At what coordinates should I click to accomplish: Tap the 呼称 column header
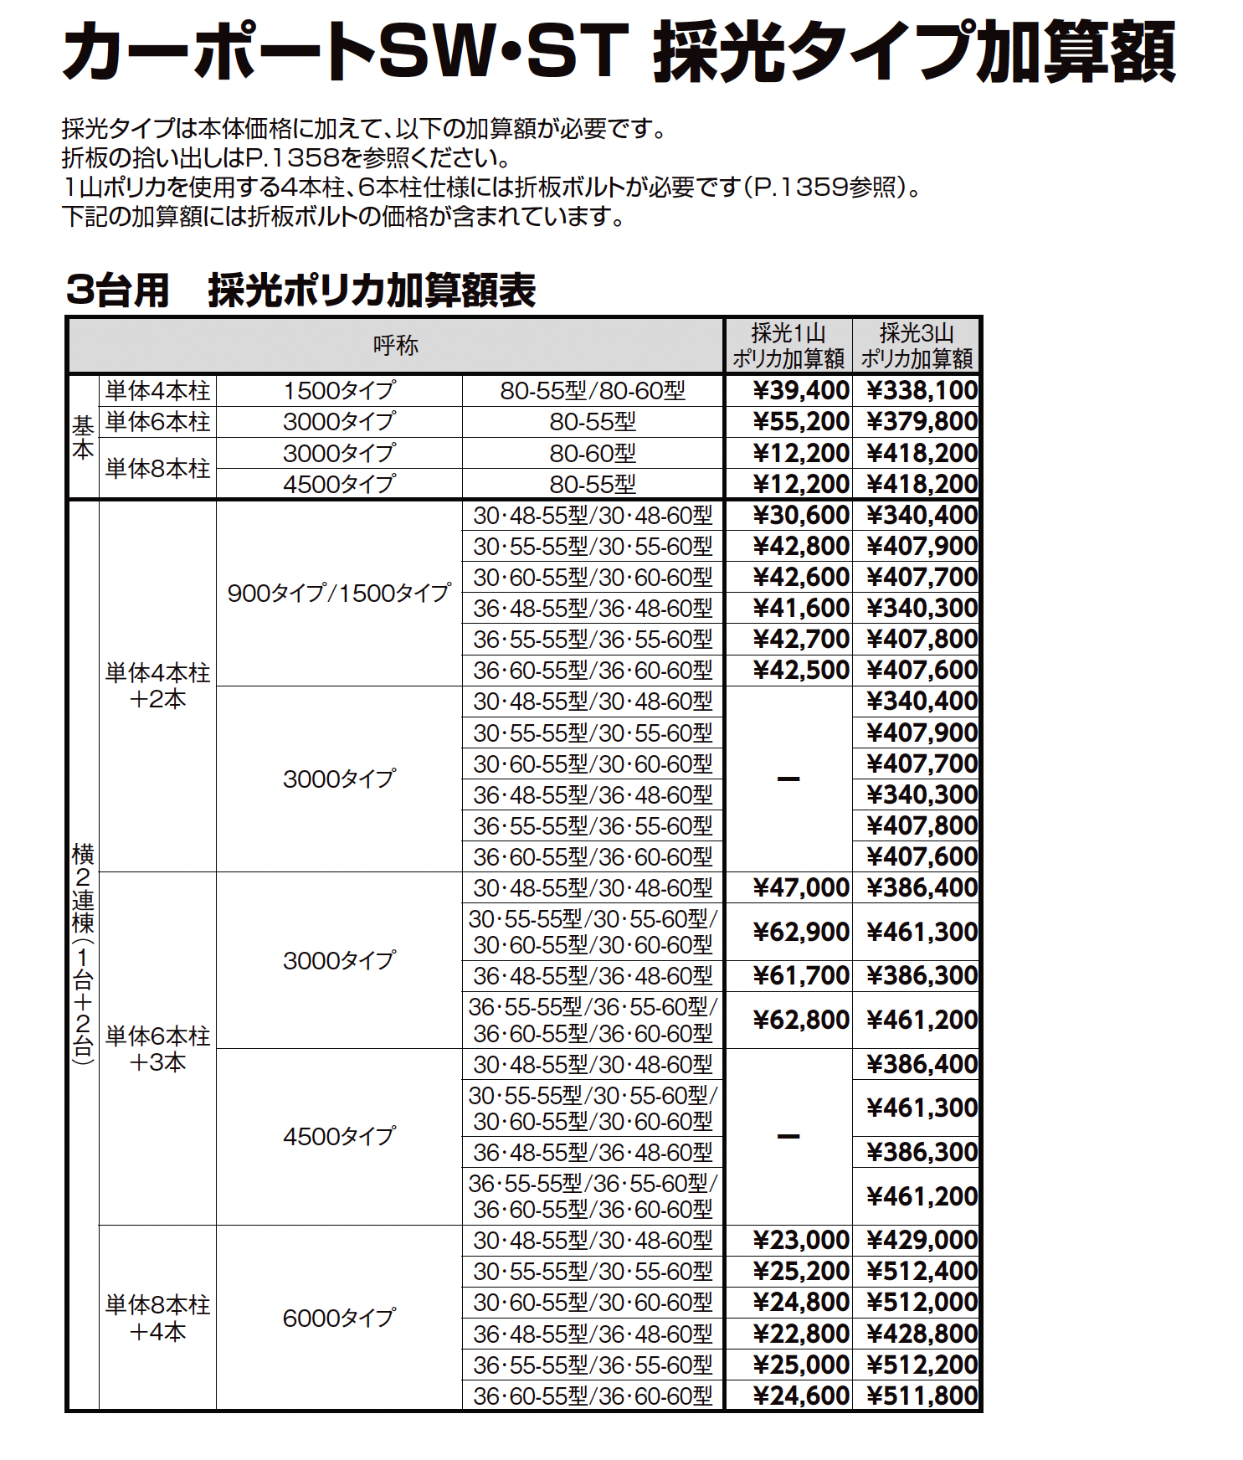[395, 345]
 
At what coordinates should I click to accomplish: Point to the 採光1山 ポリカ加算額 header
[788, 346]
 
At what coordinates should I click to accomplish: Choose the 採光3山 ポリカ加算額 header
[917, 346]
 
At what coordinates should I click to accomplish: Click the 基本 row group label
[83, 437]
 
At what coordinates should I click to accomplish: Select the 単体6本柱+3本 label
[157, 1049]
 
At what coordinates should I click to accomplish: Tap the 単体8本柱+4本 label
[157, 1318]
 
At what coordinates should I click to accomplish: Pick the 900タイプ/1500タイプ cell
[339, 594]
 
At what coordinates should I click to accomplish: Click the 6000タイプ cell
[339, 1318]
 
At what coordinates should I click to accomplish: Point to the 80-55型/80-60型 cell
[593, 391]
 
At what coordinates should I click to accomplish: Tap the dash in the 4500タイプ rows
[788, 1137]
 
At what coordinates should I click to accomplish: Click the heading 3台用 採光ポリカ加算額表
[300, 290]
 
